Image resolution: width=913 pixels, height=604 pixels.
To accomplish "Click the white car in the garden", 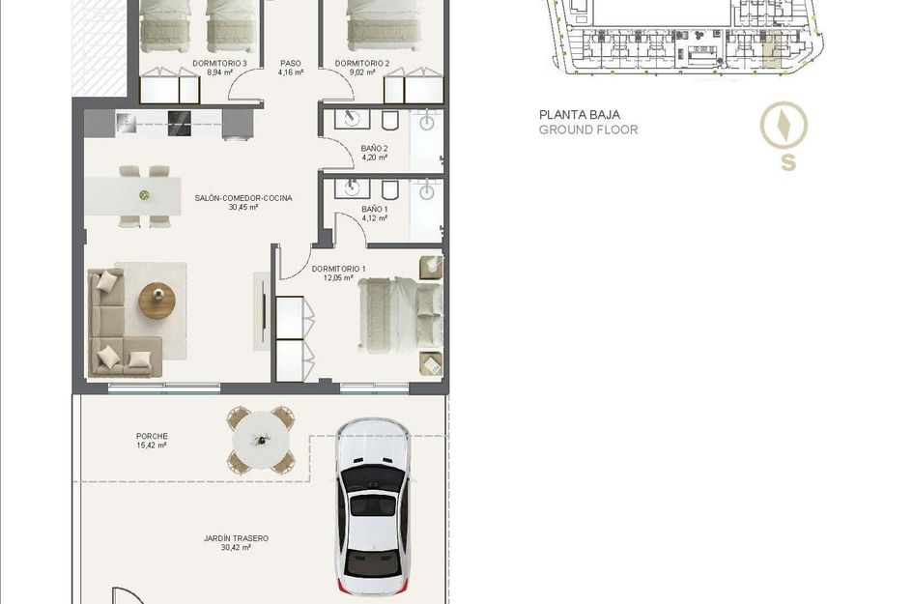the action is [x=373, y=506].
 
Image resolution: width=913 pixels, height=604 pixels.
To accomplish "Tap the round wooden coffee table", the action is [x=157, y=301].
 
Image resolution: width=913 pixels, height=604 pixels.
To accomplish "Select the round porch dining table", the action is [x=261, y=440].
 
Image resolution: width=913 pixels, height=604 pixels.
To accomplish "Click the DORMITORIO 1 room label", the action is [x=339, y=269].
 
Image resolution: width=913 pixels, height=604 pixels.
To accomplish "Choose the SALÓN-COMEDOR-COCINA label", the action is [x=243, y=198].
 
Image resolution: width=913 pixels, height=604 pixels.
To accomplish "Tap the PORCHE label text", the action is [x=152, y=436].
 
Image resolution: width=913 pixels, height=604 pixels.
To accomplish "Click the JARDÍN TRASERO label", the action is [x=236, y=538].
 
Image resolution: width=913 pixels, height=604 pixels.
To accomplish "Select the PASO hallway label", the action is [x=291, y=64].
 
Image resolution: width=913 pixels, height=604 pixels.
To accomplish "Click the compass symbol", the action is [x=784, y=126].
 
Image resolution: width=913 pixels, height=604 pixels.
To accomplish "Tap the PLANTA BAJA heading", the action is [x=580, y=115].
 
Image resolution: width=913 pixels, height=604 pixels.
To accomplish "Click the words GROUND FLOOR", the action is [x=588, y=129].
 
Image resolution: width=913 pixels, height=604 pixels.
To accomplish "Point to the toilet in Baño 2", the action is [x=390, y=120].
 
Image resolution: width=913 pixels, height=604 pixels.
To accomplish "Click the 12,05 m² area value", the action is [x=338, y=277].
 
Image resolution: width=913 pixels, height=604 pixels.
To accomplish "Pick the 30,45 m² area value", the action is [x=243, y=207].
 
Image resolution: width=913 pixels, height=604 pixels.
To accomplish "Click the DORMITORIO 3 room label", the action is [x=220, y=64].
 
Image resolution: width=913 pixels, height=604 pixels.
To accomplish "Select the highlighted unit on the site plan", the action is [x=772, y=52].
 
